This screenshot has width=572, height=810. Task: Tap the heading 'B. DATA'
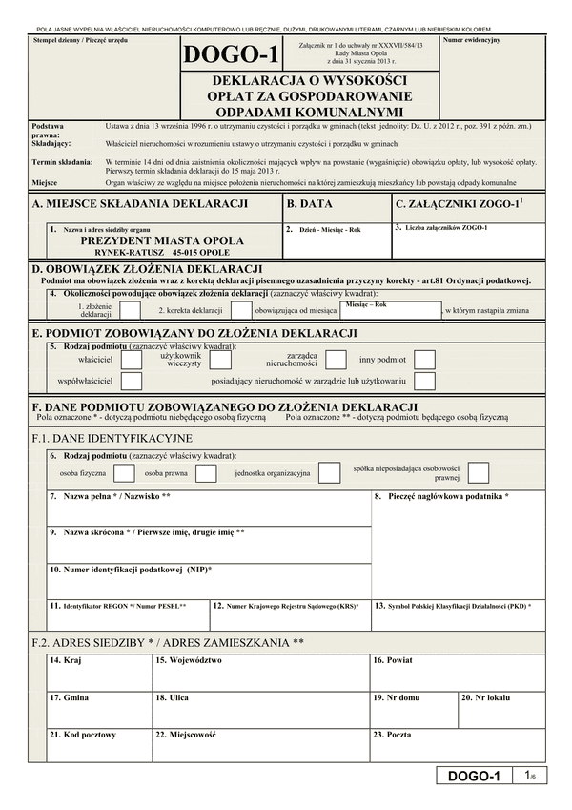(x=310, y=204)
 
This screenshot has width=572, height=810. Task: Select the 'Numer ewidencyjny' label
(x=473, y=42)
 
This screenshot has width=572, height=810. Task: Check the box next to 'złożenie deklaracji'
(x=128, y=311)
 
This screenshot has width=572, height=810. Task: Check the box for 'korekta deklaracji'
(x=239, y=311)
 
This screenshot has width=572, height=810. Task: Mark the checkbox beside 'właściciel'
(x=132, y=360)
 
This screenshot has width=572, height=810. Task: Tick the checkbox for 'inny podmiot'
(x=424, y=360)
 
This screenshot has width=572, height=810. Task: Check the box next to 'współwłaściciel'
(x=132, y=382)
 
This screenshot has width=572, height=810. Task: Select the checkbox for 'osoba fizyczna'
(x=124, y=473)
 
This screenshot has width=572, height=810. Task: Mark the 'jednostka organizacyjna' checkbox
(x=329, y=473)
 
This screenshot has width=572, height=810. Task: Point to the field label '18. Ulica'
(x=172, y=697)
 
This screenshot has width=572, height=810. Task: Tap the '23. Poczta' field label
(x=392, y=735)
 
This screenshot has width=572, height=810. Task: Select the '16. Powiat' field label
(x=393, y=660)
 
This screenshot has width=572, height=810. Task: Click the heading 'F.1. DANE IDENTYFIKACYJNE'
(x=112, y=438)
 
